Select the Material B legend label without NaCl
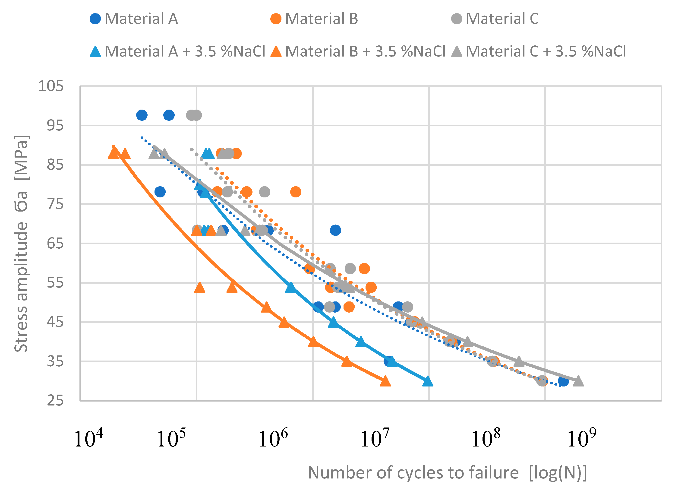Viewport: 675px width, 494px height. [x=314, y=19]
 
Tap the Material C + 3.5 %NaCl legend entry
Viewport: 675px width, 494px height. [x=538, y=51]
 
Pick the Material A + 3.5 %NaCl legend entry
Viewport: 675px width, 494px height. [x=178, y=51]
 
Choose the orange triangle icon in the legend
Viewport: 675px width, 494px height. [x=276, y=51]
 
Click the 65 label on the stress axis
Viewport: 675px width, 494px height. [x=55, y=244]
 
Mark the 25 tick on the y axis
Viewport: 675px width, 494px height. [x=55, y=401]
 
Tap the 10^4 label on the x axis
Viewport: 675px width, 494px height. [x=88, y=438]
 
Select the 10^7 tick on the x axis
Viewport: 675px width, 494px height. [x=375, y=438]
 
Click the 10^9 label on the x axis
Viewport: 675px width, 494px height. [x=581, y=438]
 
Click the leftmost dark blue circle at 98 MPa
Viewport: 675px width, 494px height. [x=142, y=115]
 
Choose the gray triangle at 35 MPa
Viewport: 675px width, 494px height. [x=519, y=361]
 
